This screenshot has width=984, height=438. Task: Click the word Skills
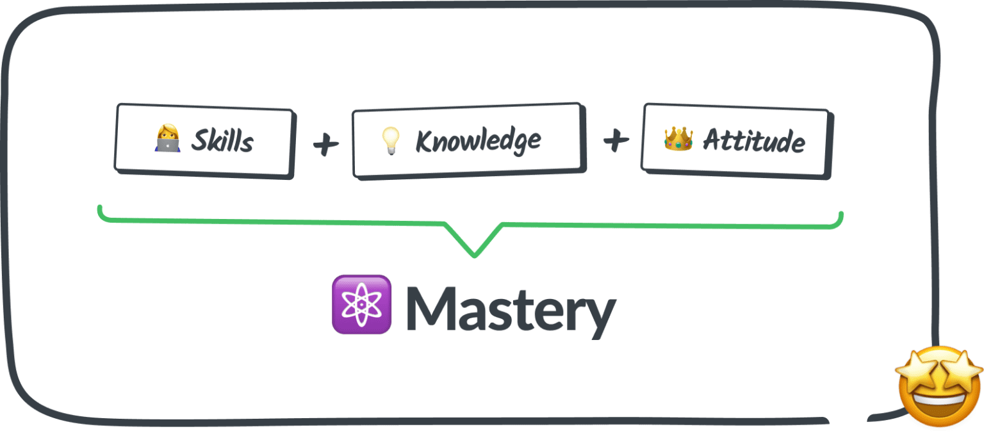(x=222, y=141)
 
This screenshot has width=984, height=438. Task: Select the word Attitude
(x=753, y=141)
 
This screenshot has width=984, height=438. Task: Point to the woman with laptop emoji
(x=167, y=139)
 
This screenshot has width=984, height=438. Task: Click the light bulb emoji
(x=390, y=141)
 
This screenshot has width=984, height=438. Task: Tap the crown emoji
(x=678, y=138)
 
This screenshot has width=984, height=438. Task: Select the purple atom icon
(x=361, y=304)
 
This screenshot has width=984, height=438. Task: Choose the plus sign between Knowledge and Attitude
(x=615, y=141)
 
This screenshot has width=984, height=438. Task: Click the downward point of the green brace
(x=475, y=255)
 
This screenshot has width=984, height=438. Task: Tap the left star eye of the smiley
(x=917, y=371)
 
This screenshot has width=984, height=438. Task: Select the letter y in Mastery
(x=600, y=315)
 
